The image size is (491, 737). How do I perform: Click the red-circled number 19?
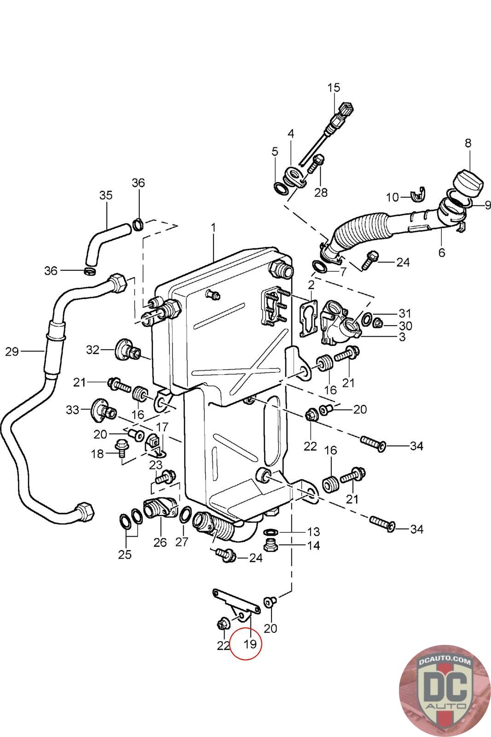point(250,643)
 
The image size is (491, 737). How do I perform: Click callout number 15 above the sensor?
point(334,88)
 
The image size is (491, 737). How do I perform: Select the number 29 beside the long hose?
point(12,351)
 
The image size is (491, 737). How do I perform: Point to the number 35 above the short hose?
point(106,195)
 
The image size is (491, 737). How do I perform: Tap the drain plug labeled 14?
point(271,546)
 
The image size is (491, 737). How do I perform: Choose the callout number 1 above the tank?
point(214,228)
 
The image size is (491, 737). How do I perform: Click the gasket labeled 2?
point(308,318)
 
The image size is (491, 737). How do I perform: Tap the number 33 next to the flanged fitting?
point(73,409)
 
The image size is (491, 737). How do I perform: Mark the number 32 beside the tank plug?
point(92,350)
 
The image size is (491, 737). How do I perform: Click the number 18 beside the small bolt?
point(97,454)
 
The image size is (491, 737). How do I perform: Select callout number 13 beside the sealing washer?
point(313,532)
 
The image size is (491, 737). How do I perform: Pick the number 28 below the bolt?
point(321,192)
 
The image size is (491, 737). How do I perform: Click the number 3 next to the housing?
point(402,337)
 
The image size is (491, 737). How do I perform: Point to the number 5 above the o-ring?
point(275,152)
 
